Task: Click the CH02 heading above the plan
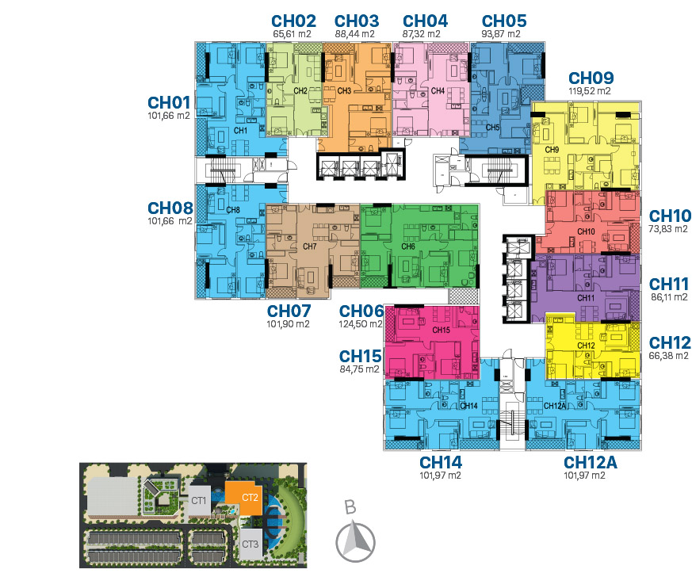pyautogui.click(x=293, y=21)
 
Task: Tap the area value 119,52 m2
pyautogui.click(x=590, y=91)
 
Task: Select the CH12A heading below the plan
pyautogui.click(x=590, y=462)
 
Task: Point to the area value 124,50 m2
pyautogui.click(x=361, y=324)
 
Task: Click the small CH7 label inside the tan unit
pyautogui.click(x=310, y=246)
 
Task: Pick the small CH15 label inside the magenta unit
pyautogui.click(x=441, y=330)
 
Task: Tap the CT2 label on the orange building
pyautogui.click(x=250, y=498)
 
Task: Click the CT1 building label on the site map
pyautogui.click(x=199, y=501)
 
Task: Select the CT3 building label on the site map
pyautogui.click(x=250, y=544)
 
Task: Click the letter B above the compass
pyautogui.click(x=350, y=507)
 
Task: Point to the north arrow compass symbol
pyautogui.click(x=355, y=541)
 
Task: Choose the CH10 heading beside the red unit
pyautogui.click(x=670, y=216)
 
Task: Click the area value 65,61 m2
pyautogui.click(x=292, y=34)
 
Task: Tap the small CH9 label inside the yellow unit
pyautogui.click(x=552, y=150)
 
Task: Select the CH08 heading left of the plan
pyautogui.click(x=170, y=208)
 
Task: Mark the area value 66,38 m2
pyautogui.click(x=668, y=356)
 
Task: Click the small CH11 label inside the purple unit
pyautogui.click(x=586, y=298)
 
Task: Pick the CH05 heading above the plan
pyautogui.click(x=504, y=21)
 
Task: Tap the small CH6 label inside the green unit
pyautogui.click(x=408, y=246)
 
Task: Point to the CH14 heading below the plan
pyautogui.click(x=441, y=462)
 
